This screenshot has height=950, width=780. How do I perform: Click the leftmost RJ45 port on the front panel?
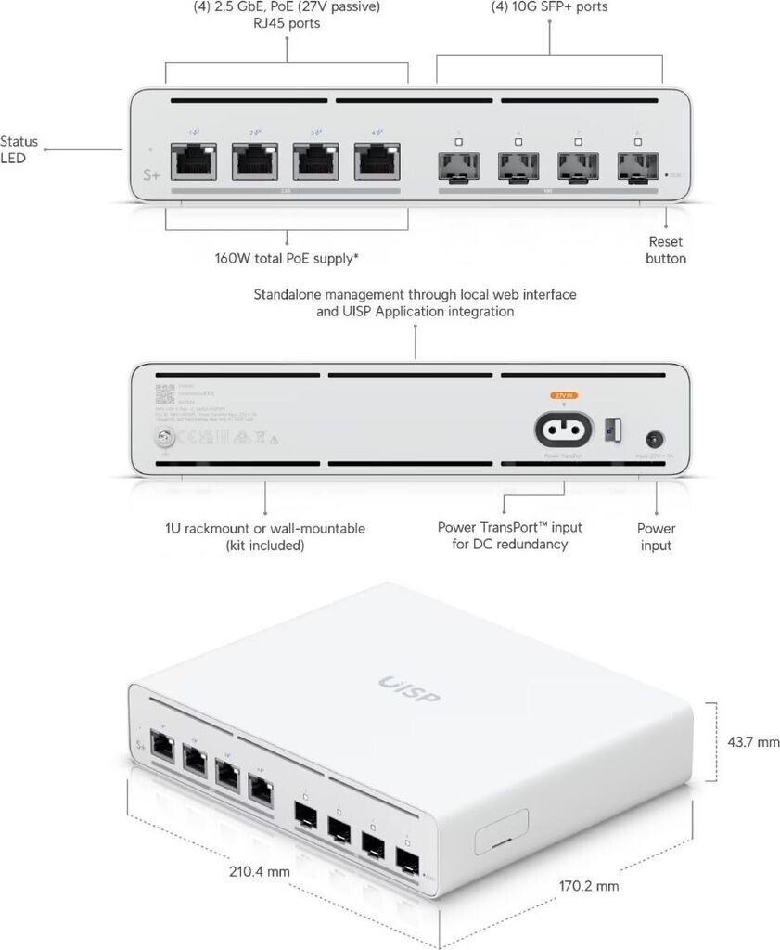(196, 162)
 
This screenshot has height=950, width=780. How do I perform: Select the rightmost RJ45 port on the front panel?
(376, 162)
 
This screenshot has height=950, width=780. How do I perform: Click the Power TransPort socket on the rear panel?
(565, 428)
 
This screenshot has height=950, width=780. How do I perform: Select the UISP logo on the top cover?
(409, 688)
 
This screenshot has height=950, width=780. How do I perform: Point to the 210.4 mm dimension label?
(260, 871)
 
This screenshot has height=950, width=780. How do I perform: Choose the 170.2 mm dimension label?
(588, 885)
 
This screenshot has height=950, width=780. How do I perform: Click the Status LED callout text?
(19, 150)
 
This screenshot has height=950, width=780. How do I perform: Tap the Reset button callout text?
(666, 250)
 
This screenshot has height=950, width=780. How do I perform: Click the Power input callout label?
(656, 536)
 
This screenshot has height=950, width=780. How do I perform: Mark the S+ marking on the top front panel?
(148, 173)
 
